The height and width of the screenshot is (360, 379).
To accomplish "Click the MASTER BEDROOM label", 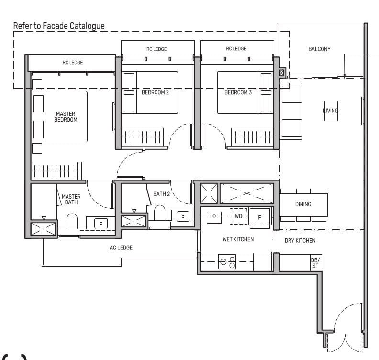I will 66,117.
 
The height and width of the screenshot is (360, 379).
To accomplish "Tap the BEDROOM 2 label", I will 155,92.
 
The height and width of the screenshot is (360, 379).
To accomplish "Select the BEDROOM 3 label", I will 238,92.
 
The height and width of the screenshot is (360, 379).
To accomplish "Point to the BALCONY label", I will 319,49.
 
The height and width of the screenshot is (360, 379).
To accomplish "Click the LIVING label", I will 330,111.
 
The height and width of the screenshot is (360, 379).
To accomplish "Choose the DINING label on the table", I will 303,204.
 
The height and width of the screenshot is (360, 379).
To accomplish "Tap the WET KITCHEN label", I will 238,239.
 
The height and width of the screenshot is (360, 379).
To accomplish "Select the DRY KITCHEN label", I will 300,240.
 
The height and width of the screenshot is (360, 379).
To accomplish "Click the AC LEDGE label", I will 121,247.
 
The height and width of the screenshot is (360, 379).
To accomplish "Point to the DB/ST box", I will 315,262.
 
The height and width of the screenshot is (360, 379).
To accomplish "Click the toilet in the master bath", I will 72,222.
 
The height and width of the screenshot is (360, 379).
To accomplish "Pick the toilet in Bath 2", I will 159,213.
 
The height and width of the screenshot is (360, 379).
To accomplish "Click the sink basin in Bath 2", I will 183,216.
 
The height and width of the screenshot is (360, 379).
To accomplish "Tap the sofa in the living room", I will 291,111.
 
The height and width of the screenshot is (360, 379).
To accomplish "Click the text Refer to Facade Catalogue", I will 59,26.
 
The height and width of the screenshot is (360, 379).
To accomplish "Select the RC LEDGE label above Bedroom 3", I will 236,49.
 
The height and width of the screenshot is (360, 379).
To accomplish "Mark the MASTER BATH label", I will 71,200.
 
